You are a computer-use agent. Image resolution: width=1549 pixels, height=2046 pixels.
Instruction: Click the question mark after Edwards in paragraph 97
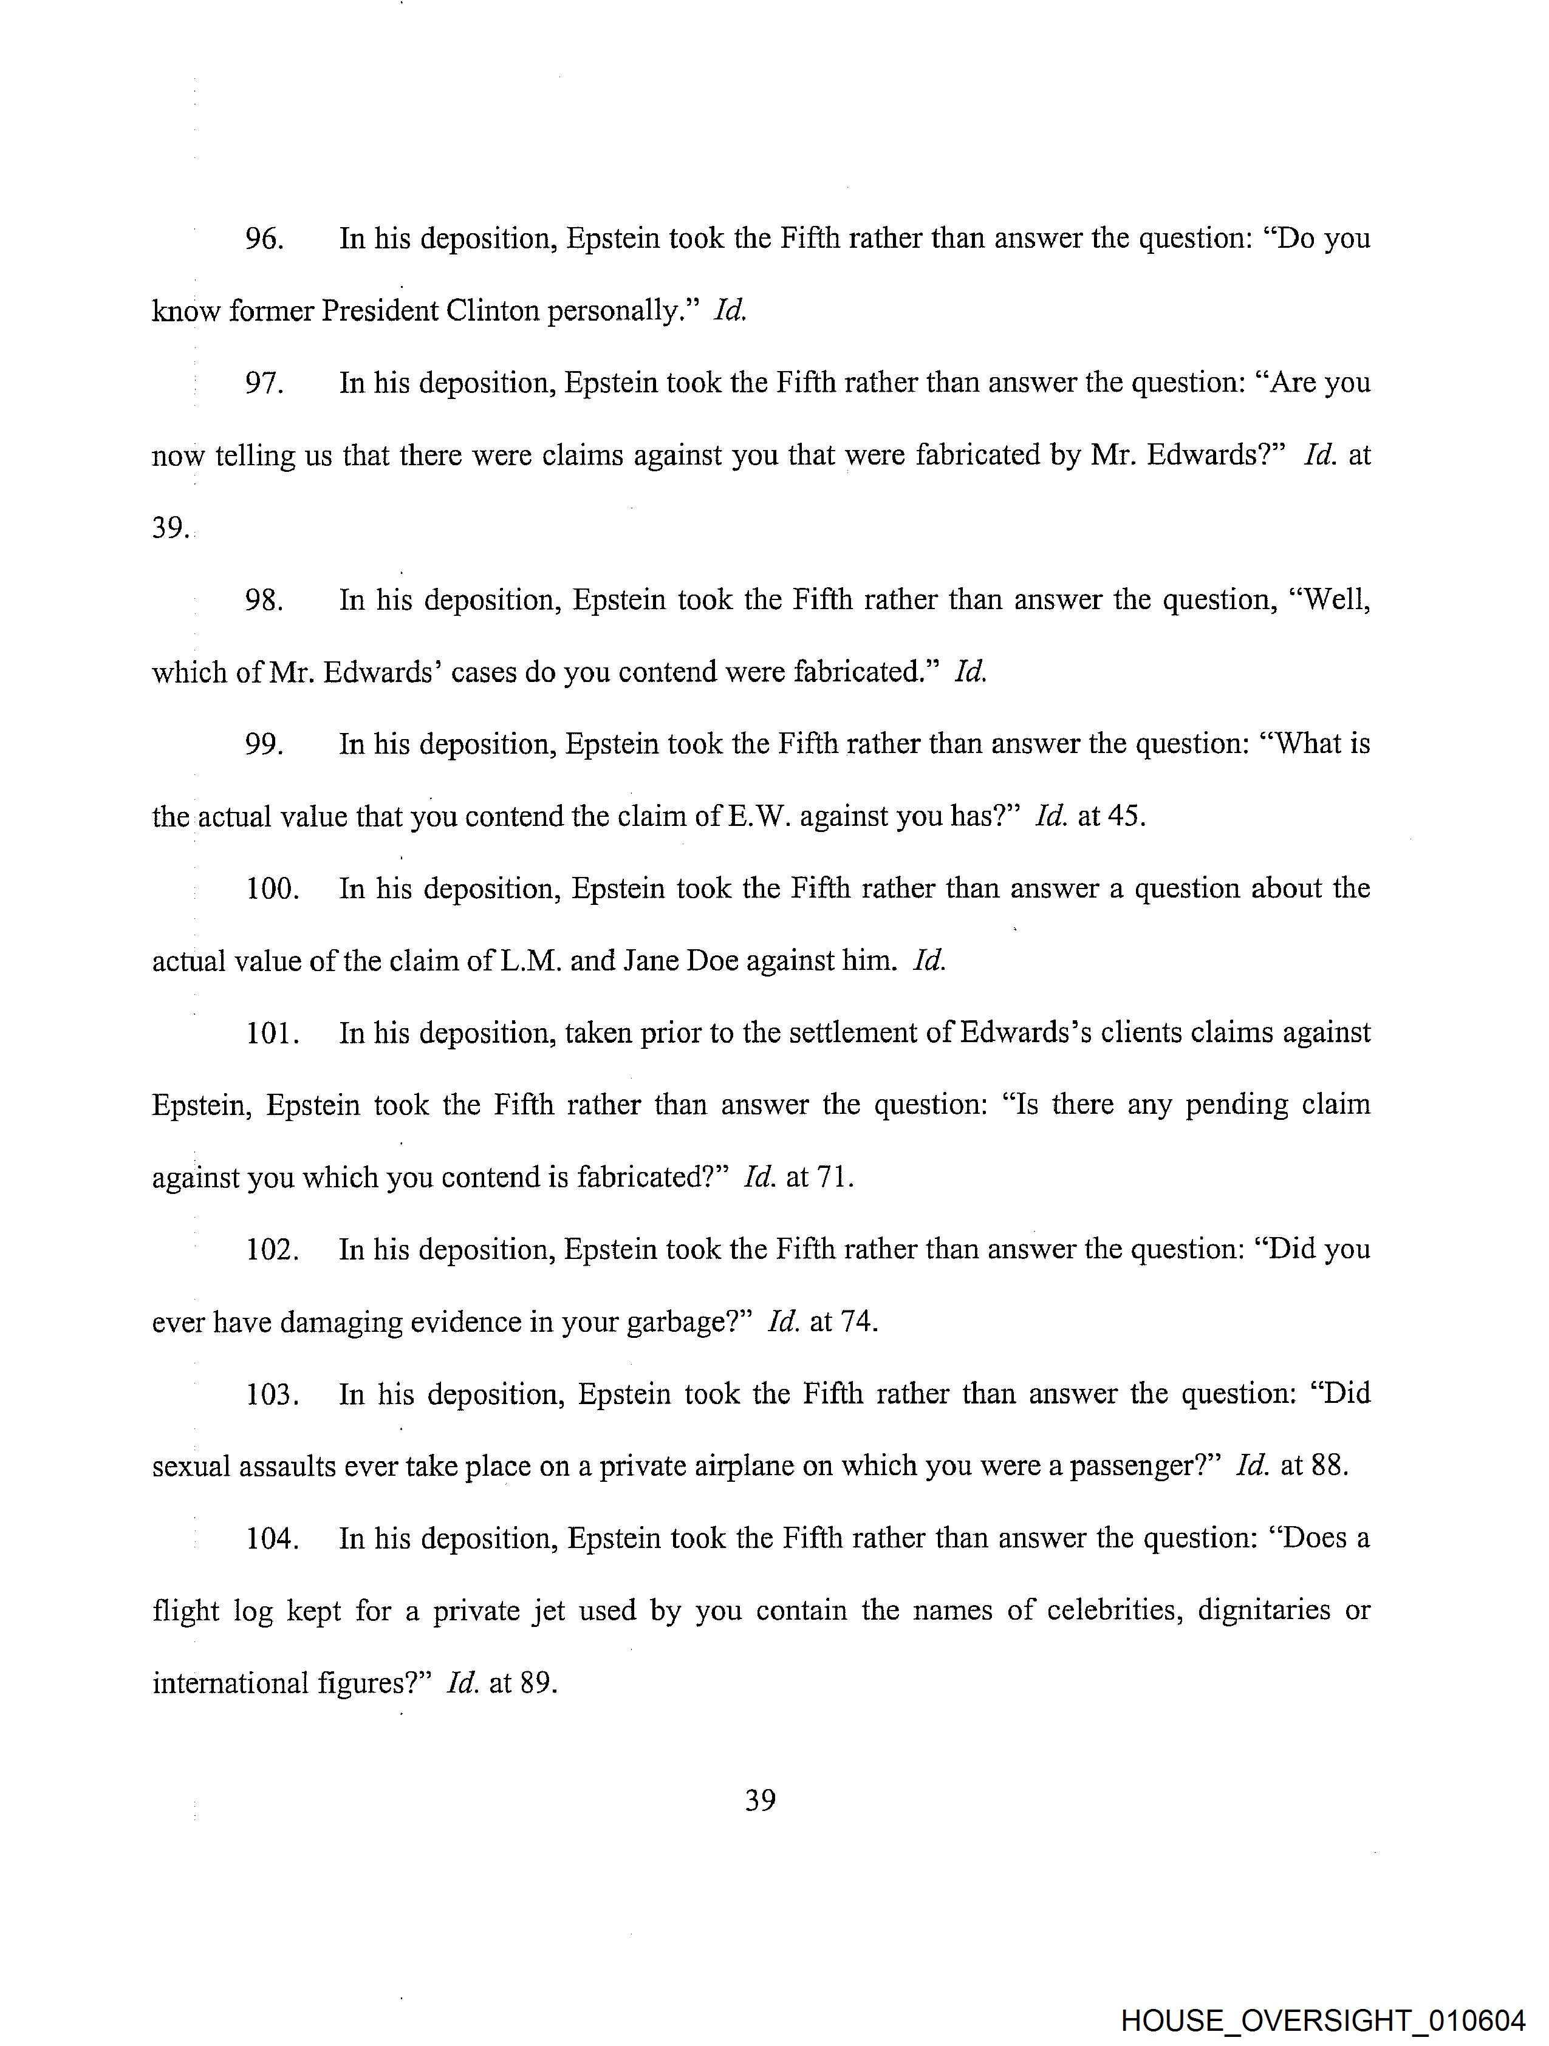click(1281, 455)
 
